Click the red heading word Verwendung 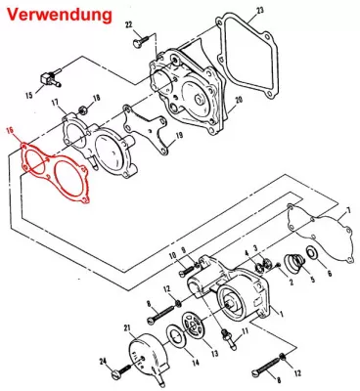60,15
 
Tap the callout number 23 259,11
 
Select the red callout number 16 10,132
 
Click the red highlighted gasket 55,172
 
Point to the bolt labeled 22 140,41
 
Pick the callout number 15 29,95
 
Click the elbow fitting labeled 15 52,76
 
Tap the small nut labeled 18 82,110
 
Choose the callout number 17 55,104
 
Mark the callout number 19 179,136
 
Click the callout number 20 239,100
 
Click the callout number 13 214,354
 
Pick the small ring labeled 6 312,252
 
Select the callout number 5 312,280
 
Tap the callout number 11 245,331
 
